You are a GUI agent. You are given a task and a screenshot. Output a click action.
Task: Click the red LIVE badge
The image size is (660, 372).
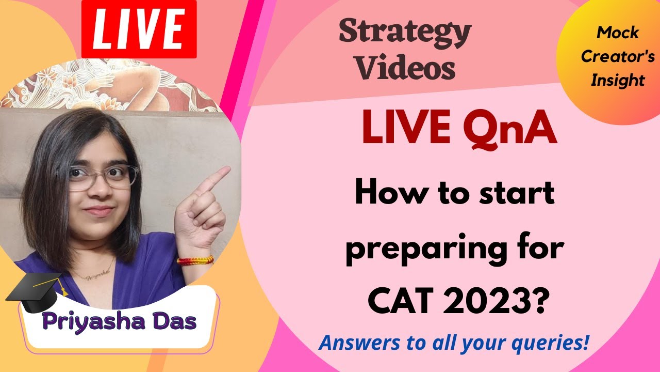(x=139, y=29)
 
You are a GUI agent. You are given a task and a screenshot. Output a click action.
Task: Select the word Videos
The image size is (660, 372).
(x=406, y=68)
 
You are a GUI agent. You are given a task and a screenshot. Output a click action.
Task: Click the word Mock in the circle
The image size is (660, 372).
(x=618, y=33)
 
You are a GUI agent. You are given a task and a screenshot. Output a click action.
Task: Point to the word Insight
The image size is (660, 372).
(x=618, y=80)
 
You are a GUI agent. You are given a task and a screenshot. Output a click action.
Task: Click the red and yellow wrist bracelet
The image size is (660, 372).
(x=195, y=260)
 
